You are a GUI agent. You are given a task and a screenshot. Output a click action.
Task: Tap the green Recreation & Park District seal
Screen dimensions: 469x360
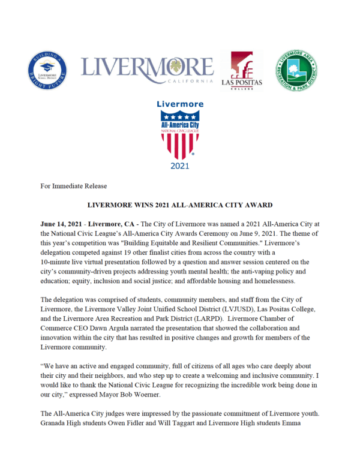296,70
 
